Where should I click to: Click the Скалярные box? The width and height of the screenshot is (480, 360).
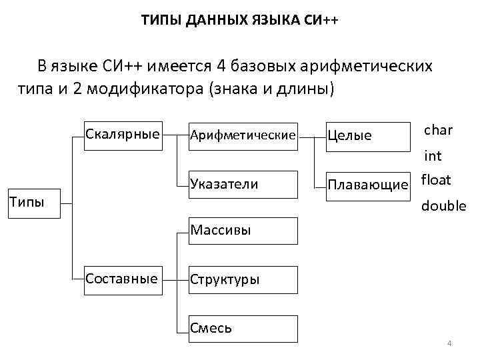pos(123,135)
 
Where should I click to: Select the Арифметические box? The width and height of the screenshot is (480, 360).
pos(242,136)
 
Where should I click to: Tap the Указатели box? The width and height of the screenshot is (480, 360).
pos(242,185)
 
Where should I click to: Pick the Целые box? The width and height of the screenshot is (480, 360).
pos(367,136)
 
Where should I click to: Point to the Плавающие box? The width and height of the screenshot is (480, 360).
pos(367,185)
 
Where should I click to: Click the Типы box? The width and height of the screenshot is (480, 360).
pos(33,201)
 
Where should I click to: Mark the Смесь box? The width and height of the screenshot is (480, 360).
pos(242,328)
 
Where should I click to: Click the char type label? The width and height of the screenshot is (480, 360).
pos(438,130)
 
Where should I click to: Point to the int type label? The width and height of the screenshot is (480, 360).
pos(433,157)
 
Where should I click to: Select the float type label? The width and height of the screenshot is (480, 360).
pos(436,180)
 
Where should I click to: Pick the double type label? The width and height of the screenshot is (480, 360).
pos(443,207)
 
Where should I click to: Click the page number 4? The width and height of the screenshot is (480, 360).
pos(449,344)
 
